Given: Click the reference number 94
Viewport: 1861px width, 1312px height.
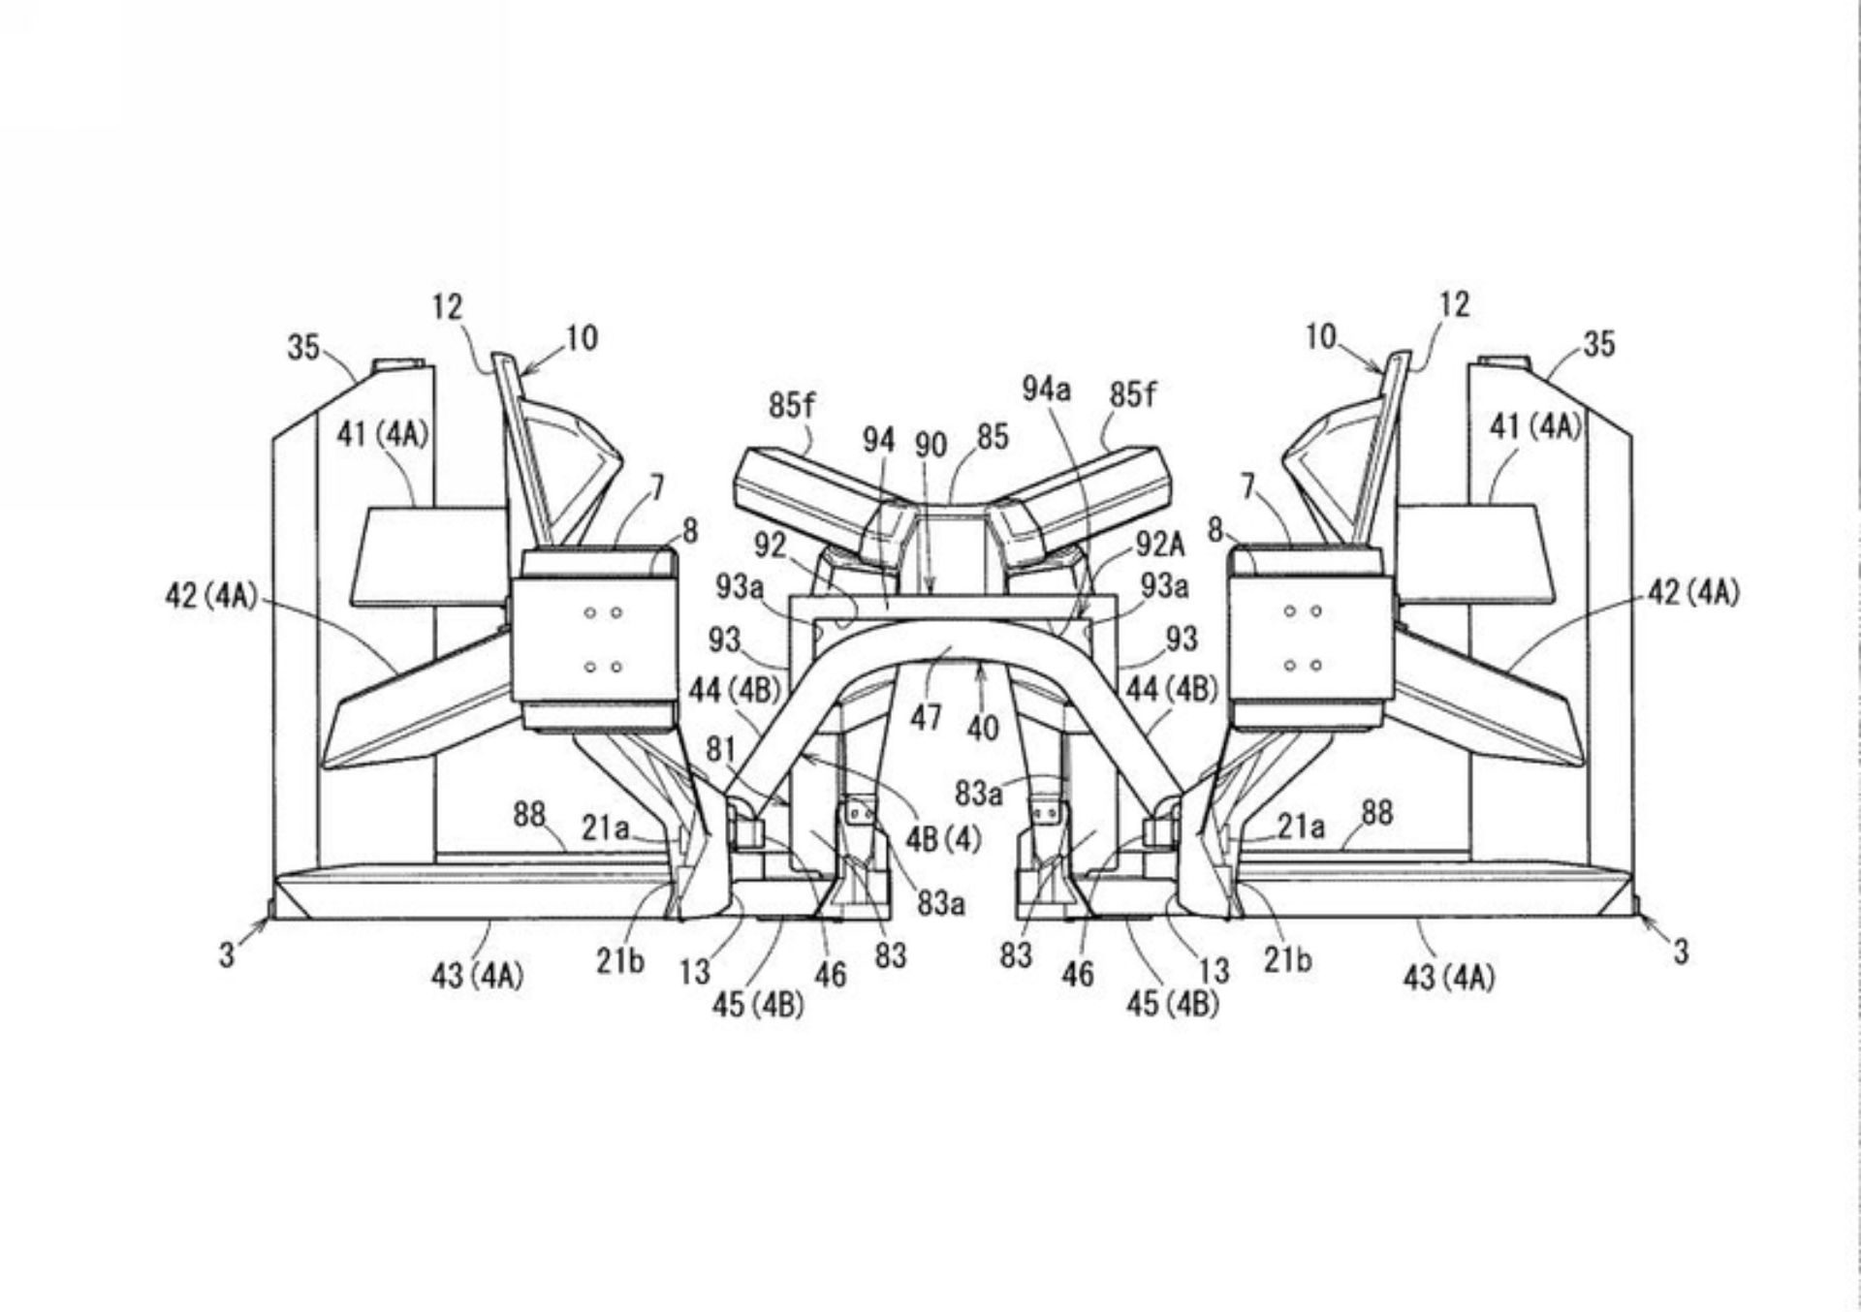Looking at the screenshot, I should point(878,441).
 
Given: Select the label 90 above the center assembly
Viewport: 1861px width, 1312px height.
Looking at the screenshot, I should point(930,445).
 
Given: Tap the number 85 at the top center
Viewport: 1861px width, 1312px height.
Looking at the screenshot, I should point(993,437).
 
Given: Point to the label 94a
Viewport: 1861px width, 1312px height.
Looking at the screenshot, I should point(1046,390).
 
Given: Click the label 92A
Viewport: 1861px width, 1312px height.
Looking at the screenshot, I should point(1159,545).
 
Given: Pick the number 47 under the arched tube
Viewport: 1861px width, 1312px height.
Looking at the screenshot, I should point(926,717).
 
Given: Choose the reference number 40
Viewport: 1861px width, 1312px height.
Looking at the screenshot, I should point(982,728).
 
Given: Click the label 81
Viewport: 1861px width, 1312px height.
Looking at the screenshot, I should point(720,750).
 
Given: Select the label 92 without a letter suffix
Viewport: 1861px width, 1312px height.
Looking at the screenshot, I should point(771,546).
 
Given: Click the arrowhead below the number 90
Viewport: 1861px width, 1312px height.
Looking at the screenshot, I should point(930,588).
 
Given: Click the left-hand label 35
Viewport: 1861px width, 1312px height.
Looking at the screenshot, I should point(303,347).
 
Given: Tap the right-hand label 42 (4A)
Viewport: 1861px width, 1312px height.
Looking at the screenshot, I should point(1693,593).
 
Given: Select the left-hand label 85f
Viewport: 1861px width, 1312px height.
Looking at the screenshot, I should point(792,405).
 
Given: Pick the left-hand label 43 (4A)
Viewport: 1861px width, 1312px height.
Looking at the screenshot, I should point(477,976).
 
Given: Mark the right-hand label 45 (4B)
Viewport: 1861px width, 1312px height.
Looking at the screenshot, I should point(1172,1005).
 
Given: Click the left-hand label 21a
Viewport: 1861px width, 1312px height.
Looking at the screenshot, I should point(605,828).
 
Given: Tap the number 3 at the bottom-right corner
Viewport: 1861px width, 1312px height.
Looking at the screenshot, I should point(1680,953).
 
